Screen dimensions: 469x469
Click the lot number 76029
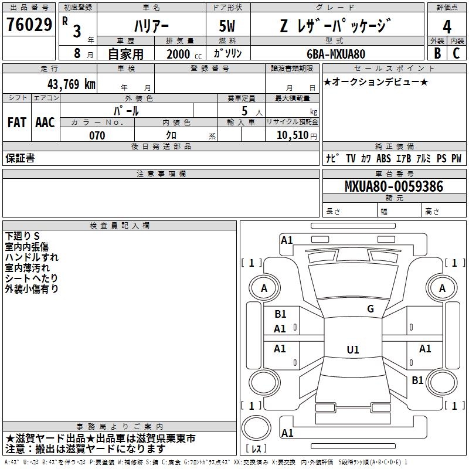pyautogui.click(x=29, y=25)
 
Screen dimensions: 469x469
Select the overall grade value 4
pyautogui.click(x=447, y=27)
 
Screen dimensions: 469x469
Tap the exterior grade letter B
pyautogui.click(x=437, y=53)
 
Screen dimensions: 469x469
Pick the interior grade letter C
pyautogui.click(x=456, y=53)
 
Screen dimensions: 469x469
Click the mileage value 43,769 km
pyautogui.click(x=71, y=84)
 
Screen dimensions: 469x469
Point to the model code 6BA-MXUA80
pyautogui.click(x=336, y=54)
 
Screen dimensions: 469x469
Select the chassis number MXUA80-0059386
pyautogui.click(x=394, y=186)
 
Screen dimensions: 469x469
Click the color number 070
pyautogui.click(x=97, y=135)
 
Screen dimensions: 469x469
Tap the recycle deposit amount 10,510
pyautogui.click(x=292, y=135)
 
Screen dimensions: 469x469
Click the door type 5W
pyautogui.click(x=227, y=26)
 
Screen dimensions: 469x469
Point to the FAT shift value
pyautogui.click(x=17, y=123)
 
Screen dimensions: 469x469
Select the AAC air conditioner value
pyautogui.click(x=45, y=123)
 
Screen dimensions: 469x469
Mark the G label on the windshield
pyautogui.click(x=371, y=308)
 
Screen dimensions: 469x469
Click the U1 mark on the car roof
pyautogui.click(x=353, y=349)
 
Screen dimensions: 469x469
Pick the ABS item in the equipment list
pyautogui.click(x=383, y=158)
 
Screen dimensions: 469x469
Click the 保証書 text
pyautogui.click(x=20, y=158)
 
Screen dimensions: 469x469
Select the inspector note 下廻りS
pyautogui.click(x=22, y=236)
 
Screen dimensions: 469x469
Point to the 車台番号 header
pyautogui.click(x=395, y=174)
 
